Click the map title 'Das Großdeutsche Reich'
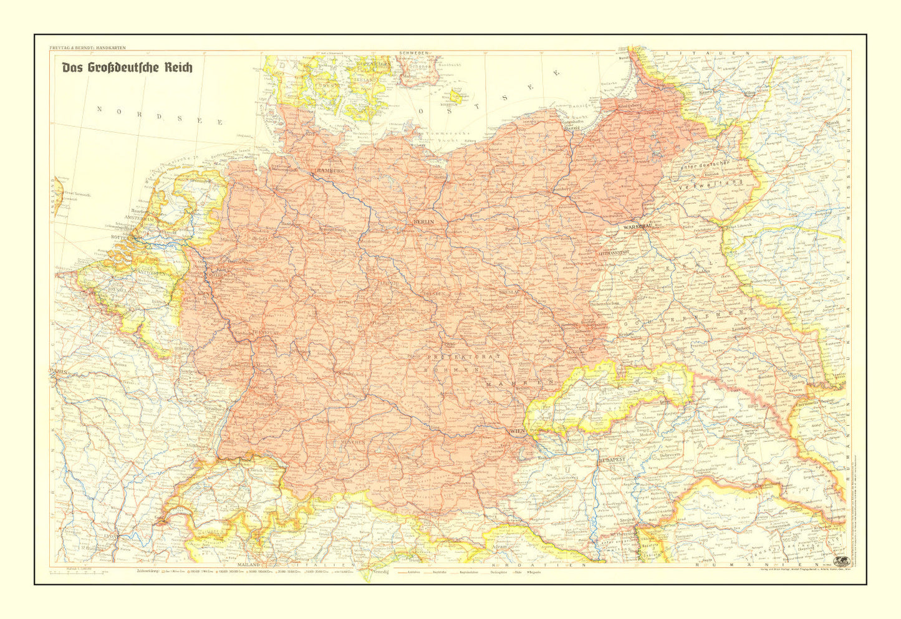(x=127, y=67)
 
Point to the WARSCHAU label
(x=636, y=228)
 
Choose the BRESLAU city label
(x=509, y=292)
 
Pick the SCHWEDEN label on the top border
(x=414, y=53)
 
